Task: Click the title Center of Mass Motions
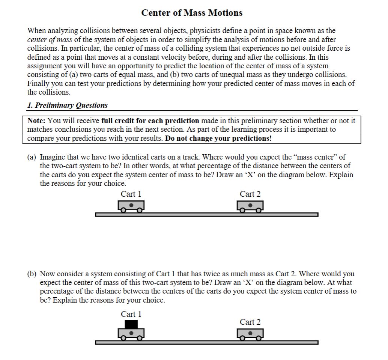tap(192, 13)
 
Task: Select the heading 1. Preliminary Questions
tap(68, 105)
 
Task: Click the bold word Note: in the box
tap(37, 121)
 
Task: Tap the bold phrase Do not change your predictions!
tap(218, 138)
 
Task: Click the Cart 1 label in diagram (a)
tap(131, 194)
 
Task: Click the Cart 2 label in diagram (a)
tap(250, 194)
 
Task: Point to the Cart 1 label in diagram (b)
tap(131, 314)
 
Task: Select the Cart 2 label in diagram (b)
tap(250, 322)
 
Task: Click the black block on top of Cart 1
tap(131, 324)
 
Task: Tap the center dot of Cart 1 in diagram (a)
tap(131, 205)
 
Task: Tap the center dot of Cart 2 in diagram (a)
tap(250, 205)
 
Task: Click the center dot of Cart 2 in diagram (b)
tap(250, 333)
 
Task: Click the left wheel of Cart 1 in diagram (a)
tap(123, 211)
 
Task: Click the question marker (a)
tap(32, 157)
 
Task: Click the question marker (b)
tap(32, 274)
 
